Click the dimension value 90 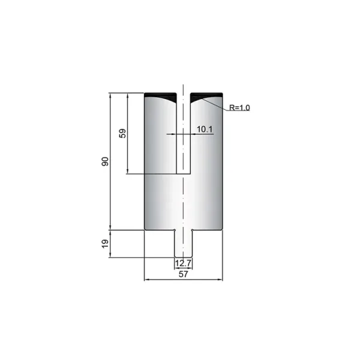[x=104, y=161]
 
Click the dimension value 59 [x=122, y=133]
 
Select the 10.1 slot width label [x=205, y=130]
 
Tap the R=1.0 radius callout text [x=239, y=107]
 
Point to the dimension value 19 [x=105, y=244]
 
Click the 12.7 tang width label [x=183, y=263]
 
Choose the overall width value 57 [x=183, y=274]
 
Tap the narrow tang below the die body [x=183, y=244]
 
